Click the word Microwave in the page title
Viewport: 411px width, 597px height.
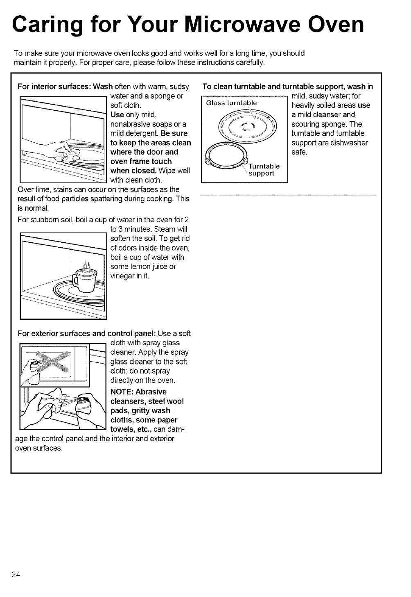click(x=238, y=25)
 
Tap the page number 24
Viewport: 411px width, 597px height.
click(x=16, y=574)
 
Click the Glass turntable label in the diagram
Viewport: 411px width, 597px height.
click(x=231, y=103)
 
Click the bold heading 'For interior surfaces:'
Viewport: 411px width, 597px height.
click(x=55, y=87)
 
